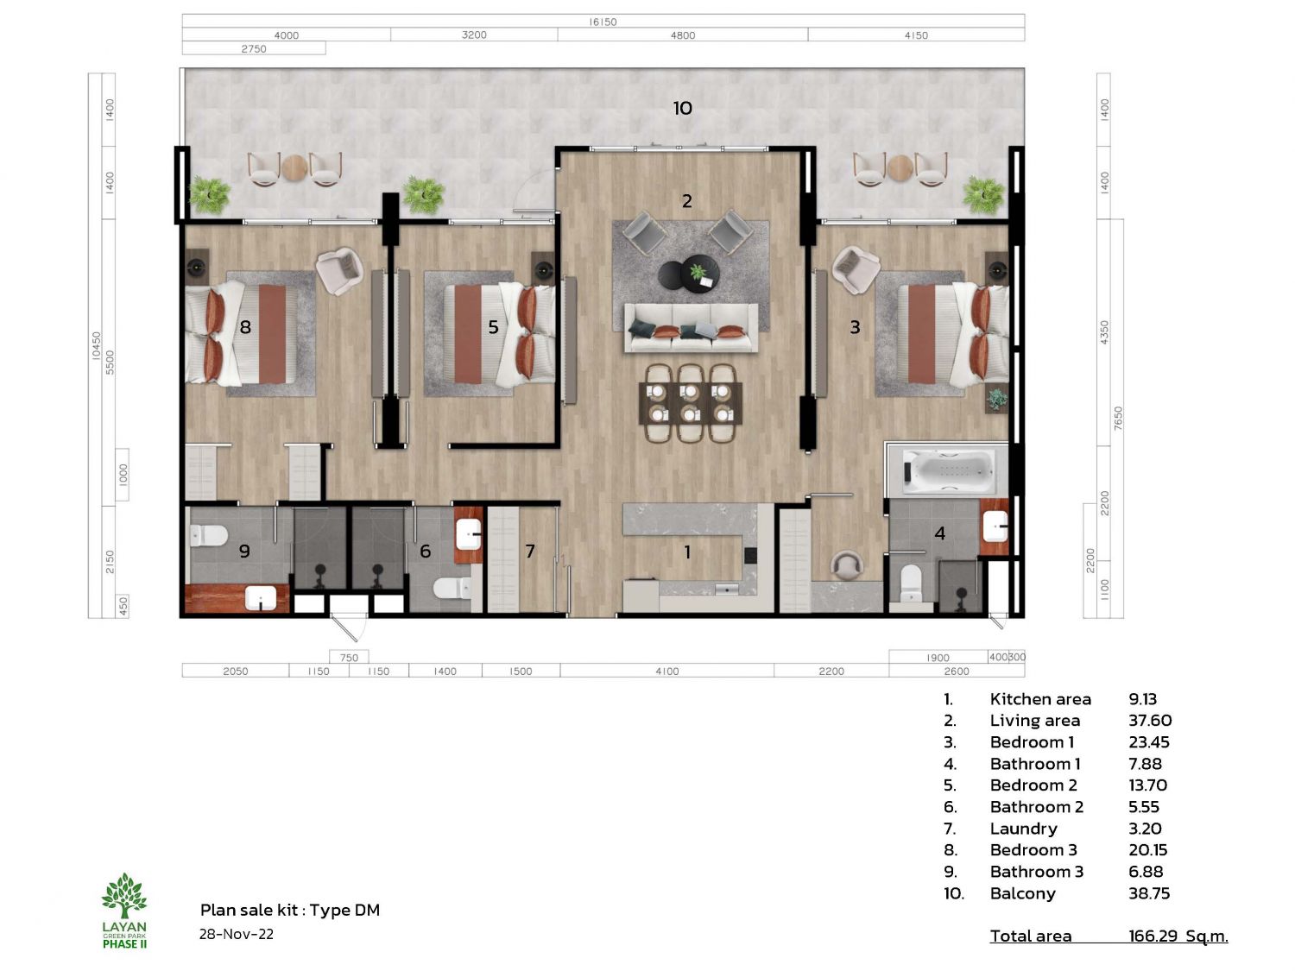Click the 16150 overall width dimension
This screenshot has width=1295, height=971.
click(603, 22)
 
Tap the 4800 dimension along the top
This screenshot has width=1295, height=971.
click(683, 35)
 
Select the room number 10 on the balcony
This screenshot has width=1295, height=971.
click(683, 108)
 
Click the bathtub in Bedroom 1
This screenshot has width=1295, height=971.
click(950, 470)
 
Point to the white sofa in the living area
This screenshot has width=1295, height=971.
click(691, 328)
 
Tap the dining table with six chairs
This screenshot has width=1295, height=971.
click(691, 403)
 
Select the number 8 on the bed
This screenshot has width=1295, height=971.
click(245, 326)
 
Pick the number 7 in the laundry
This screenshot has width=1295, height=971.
click(530, 551)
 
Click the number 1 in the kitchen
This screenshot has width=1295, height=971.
click(687, 552)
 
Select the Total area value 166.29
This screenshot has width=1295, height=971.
click(1153, 936)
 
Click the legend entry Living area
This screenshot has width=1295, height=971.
click(1035, 721)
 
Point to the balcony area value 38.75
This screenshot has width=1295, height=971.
click(1149, 893)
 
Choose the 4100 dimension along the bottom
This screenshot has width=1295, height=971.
click(666, 671)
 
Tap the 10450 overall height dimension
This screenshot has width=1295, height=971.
click(96, 345)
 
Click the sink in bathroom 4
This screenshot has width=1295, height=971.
click(995, 526)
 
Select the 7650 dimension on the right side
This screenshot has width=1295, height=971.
click(1118, 418)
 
